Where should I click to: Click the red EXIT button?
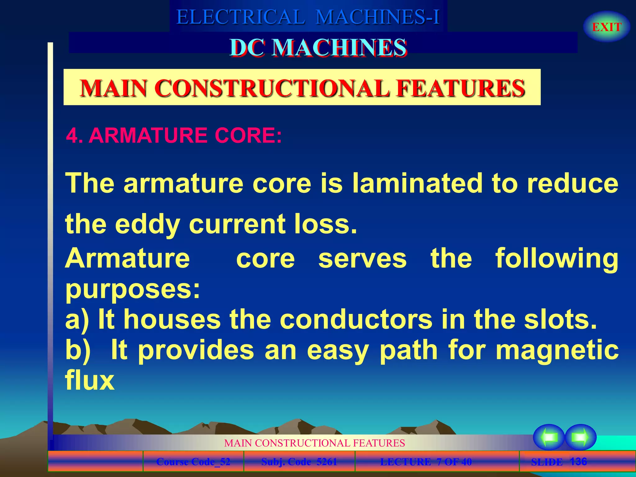606,27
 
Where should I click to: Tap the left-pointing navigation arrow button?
549,437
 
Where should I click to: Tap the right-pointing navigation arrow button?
580,437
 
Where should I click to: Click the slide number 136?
578,461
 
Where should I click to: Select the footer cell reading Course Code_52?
193,462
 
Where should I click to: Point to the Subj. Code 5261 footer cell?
299,462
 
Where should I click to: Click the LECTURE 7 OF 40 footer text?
426,462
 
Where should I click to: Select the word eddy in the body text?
148,224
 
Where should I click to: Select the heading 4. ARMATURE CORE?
174,136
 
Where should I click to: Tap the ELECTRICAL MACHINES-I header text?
308,17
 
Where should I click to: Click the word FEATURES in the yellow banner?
461,88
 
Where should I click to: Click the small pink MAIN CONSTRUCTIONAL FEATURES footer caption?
314,443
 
